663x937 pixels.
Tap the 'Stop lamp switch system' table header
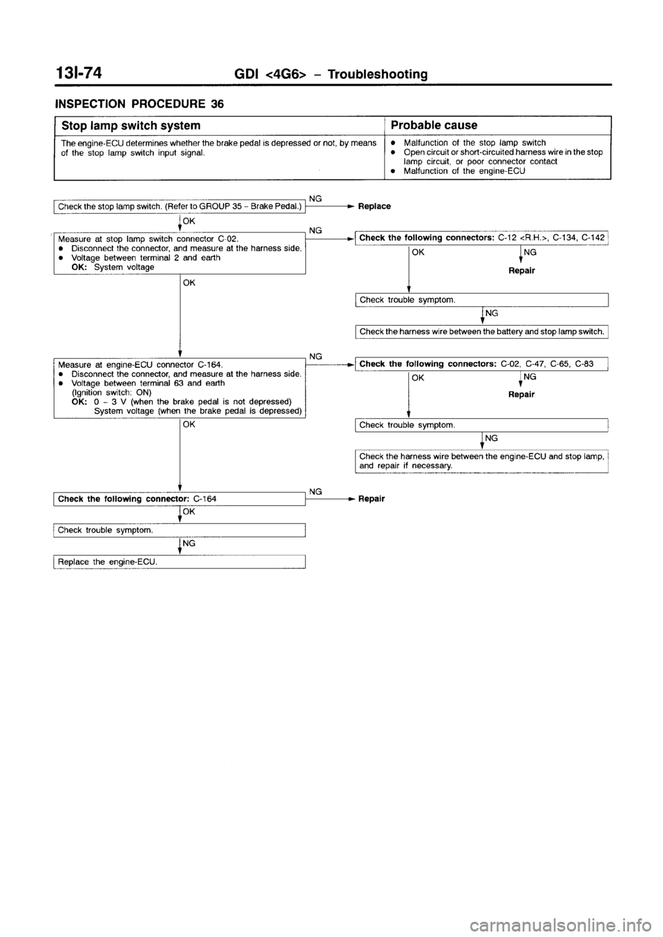tap(131, 126)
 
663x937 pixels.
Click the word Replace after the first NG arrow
tap(374, 206)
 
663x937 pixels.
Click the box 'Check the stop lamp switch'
tap(180, 206)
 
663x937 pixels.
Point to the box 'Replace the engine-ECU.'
tap(180, 562)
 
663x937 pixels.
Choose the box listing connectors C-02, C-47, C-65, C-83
tap(481, 364)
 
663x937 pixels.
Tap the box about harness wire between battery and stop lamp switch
tap(481, 331)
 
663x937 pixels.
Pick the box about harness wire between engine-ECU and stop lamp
tap(481, 460)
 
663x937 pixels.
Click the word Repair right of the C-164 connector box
tap(372, 498)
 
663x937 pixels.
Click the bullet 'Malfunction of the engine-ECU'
tap(463, 170)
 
